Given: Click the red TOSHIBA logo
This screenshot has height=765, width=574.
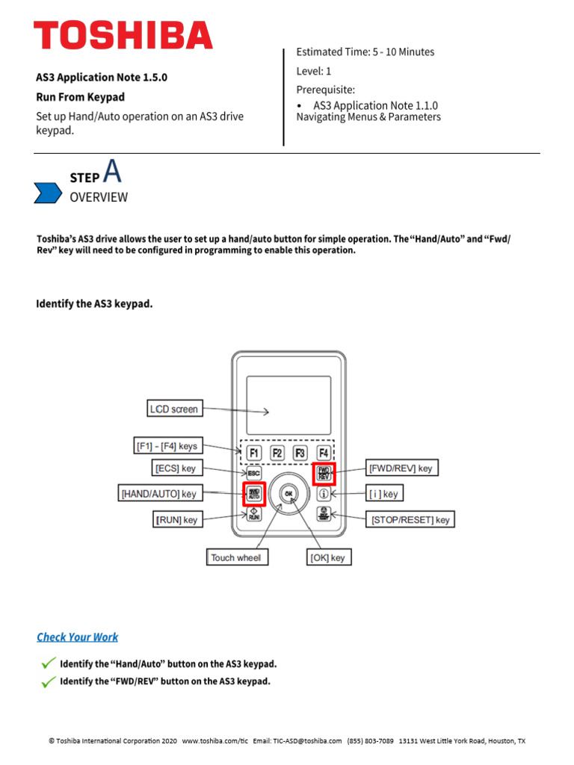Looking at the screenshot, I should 123,36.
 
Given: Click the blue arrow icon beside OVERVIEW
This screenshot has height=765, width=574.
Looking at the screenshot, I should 48,192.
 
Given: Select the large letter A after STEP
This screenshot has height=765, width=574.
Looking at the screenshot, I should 112,172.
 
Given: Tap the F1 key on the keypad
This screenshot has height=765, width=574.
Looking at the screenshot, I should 254,453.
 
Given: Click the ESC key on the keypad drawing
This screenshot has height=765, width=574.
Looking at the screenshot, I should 254,473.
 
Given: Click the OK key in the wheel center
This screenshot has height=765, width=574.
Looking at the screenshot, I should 289,492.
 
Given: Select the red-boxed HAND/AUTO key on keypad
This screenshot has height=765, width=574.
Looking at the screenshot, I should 254,493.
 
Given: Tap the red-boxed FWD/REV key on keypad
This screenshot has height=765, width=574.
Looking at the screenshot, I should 324,473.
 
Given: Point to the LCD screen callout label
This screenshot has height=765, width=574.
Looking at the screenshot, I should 173,409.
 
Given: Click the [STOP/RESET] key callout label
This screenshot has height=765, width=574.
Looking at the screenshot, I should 410,519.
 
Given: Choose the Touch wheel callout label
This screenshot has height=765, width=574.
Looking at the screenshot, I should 236,557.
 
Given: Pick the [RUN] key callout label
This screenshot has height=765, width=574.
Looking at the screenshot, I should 177,519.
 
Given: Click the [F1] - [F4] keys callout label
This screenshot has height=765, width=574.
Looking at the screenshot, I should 166,446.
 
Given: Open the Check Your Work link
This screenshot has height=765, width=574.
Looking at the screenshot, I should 78,637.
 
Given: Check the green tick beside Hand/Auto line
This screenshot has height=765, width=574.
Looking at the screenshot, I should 48,663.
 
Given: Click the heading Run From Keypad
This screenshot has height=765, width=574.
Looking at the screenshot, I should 81,97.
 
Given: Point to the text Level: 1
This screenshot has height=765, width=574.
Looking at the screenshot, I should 314,71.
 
